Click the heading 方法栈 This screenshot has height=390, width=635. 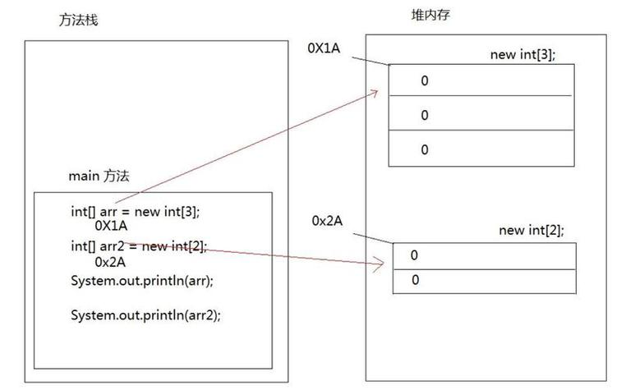point(78,20)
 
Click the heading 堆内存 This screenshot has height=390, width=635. point(430,15)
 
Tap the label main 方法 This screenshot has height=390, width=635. point(99,176)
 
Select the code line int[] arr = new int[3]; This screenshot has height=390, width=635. point(136,212)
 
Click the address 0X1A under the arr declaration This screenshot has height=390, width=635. point(111,226)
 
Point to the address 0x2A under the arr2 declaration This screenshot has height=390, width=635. point(110,262)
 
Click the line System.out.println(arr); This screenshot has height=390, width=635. point(142,280)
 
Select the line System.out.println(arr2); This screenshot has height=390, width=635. point(145,314)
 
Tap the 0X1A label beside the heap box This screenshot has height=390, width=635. point(324,48)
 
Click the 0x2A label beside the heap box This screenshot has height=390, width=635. point(327,221)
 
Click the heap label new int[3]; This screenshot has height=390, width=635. point(522,54)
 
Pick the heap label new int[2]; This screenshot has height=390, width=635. point(531,230)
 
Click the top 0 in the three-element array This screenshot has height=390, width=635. point(425,80)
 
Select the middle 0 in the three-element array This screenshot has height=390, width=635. point(425,115)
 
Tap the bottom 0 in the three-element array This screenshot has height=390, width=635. point(425,149)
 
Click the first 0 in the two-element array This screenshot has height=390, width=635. point(414,255)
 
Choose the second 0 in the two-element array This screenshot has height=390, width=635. point(415,279)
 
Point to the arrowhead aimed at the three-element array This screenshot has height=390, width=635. point(375,93)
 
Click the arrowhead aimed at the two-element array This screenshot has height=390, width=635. point(380,264)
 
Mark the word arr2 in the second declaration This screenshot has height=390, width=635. point(113,246)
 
